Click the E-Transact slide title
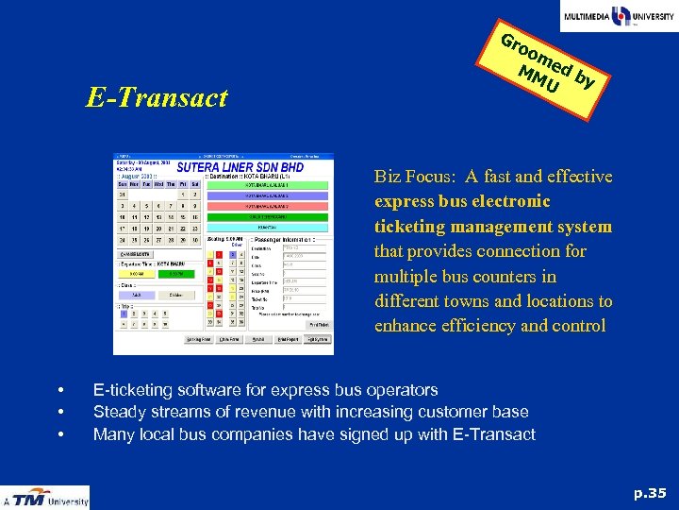tap(157, 97)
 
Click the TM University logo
tap(45, 497)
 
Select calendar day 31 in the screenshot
tap(123, 195)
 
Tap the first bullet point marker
tap(59, 390)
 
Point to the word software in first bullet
tap(205, 389)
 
